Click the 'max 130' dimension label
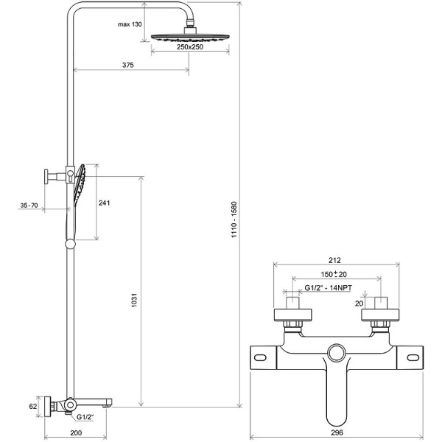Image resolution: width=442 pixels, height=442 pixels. click(130, 24)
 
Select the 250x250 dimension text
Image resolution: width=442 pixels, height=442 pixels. click(190, 47)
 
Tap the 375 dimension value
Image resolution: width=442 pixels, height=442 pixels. click(128, 66)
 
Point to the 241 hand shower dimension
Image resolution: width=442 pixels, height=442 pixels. click(105, 204)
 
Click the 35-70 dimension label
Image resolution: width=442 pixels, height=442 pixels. click(29, 206)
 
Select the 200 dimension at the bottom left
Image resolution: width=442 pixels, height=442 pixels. click(75, 434)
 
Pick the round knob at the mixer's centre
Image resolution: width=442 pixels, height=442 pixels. click(338, 352)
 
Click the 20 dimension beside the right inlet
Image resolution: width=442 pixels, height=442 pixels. click(359, 303)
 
